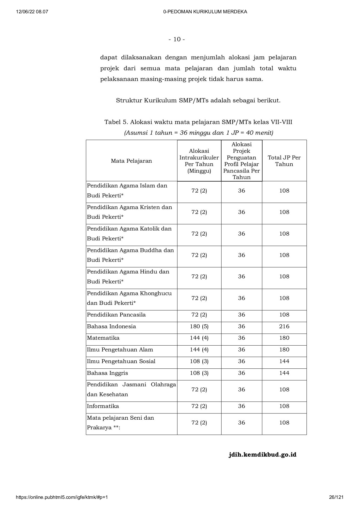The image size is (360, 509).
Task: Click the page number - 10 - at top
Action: tap(177, 39)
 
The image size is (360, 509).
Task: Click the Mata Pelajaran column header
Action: tap(131, 161)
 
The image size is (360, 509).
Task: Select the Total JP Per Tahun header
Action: tap(284, 161)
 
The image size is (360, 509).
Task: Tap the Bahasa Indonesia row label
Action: tap(112, 326)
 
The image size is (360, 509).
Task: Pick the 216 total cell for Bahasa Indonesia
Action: tap(284, 326)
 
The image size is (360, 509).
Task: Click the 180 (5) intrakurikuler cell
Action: tap(199, 326)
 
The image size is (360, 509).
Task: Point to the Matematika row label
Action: tap(103, 338)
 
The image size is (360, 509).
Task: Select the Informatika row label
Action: tap(103, 406)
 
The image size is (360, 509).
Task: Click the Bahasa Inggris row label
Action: tap(108, 373)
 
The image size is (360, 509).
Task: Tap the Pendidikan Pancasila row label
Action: tap(116, 315)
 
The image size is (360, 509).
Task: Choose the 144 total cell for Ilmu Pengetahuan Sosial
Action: tap(284, 361)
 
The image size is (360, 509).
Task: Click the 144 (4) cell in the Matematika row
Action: tap(199, 338)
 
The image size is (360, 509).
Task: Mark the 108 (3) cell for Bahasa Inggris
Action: tap(199, 373)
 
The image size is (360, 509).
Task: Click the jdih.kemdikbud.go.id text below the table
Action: tap(262, 455)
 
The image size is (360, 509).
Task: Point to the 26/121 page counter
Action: tap(336, 497)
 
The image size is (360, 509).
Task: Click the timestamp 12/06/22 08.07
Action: tap(32, 12)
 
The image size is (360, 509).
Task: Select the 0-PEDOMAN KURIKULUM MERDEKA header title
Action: tap(205, 12)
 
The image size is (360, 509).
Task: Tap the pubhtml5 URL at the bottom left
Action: tap(62, 497)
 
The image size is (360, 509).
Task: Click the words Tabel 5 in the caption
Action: tap(116, 122)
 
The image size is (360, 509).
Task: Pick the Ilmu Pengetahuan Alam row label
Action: tap(120, 350)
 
